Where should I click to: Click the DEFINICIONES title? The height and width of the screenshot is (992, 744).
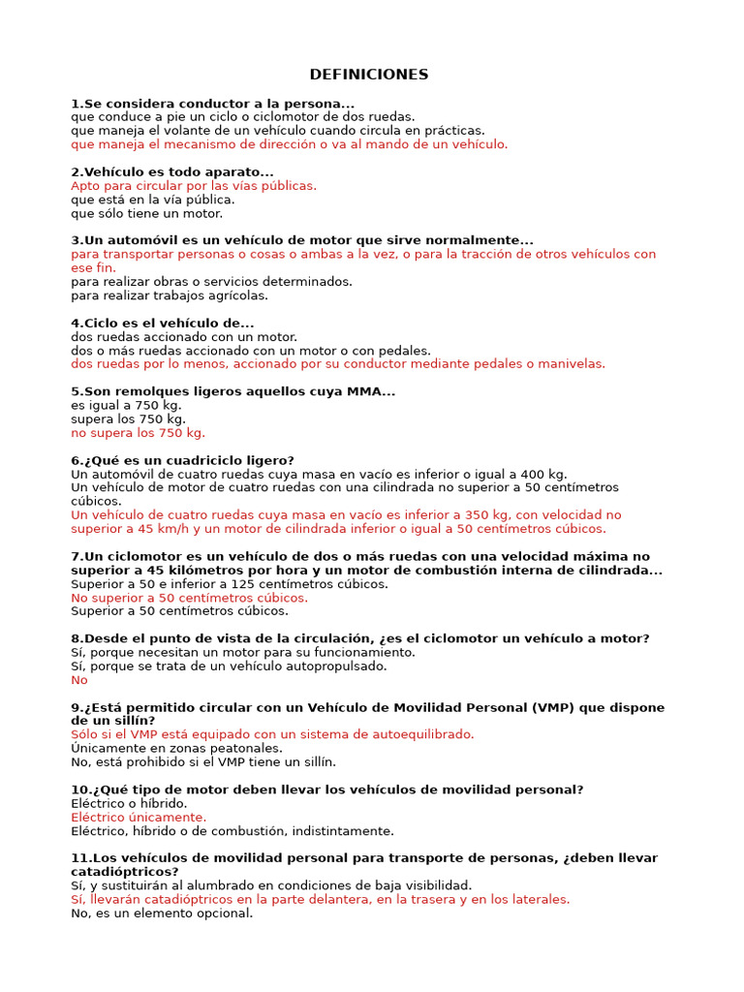pos(368,75)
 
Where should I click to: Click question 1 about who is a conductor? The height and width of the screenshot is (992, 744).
pos(213,104)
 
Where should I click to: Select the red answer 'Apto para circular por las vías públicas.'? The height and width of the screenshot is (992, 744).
pos(194,186)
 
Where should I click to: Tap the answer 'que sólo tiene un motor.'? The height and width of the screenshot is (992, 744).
pos(146,213)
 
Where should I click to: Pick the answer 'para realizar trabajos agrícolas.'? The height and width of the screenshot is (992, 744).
pos(170,295)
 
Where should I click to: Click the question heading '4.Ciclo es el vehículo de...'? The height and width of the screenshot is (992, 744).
pos(163,323)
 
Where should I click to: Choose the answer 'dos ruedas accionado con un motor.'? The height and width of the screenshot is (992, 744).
pos(184,337)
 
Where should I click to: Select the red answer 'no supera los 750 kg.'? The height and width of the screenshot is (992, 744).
pos(138,433)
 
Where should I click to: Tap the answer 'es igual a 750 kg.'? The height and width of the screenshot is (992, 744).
pos(126,405)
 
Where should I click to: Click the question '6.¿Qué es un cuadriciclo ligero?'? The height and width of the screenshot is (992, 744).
pos(182,460)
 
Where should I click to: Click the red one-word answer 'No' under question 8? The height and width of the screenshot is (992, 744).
pos(79,680)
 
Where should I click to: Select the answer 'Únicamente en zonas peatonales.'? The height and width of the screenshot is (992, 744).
pos(176,748)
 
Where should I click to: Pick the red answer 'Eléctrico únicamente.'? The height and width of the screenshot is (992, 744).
pos(139,818)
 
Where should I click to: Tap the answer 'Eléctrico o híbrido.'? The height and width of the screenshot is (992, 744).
pos(129,803)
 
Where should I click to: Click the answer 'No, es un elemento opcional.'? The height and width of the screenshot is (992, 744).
pos(162,913)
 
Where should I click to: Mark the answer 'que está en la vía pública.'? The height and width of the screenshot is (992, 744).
pos(153,200)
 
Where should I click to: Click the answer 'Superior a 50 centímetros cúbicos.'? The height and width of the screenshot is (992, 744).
pos(179,611)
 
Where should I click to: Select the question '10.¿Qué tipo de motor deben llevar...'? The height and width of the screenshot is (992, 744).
pos(327,790)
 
